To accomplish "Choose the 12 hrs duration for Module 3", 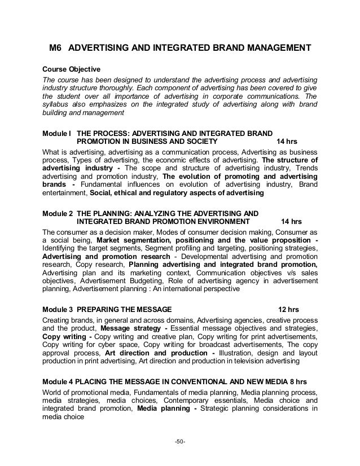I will [x=291, y=309].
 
